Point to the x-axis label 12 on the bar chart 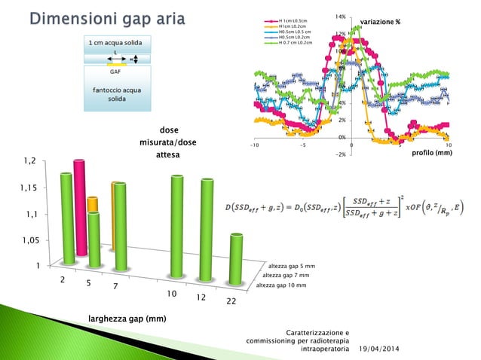[x=201, y=297]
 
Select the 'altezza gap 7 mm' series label [x=286, y=276]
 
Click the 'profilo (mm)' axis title [x=432, y=153]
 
